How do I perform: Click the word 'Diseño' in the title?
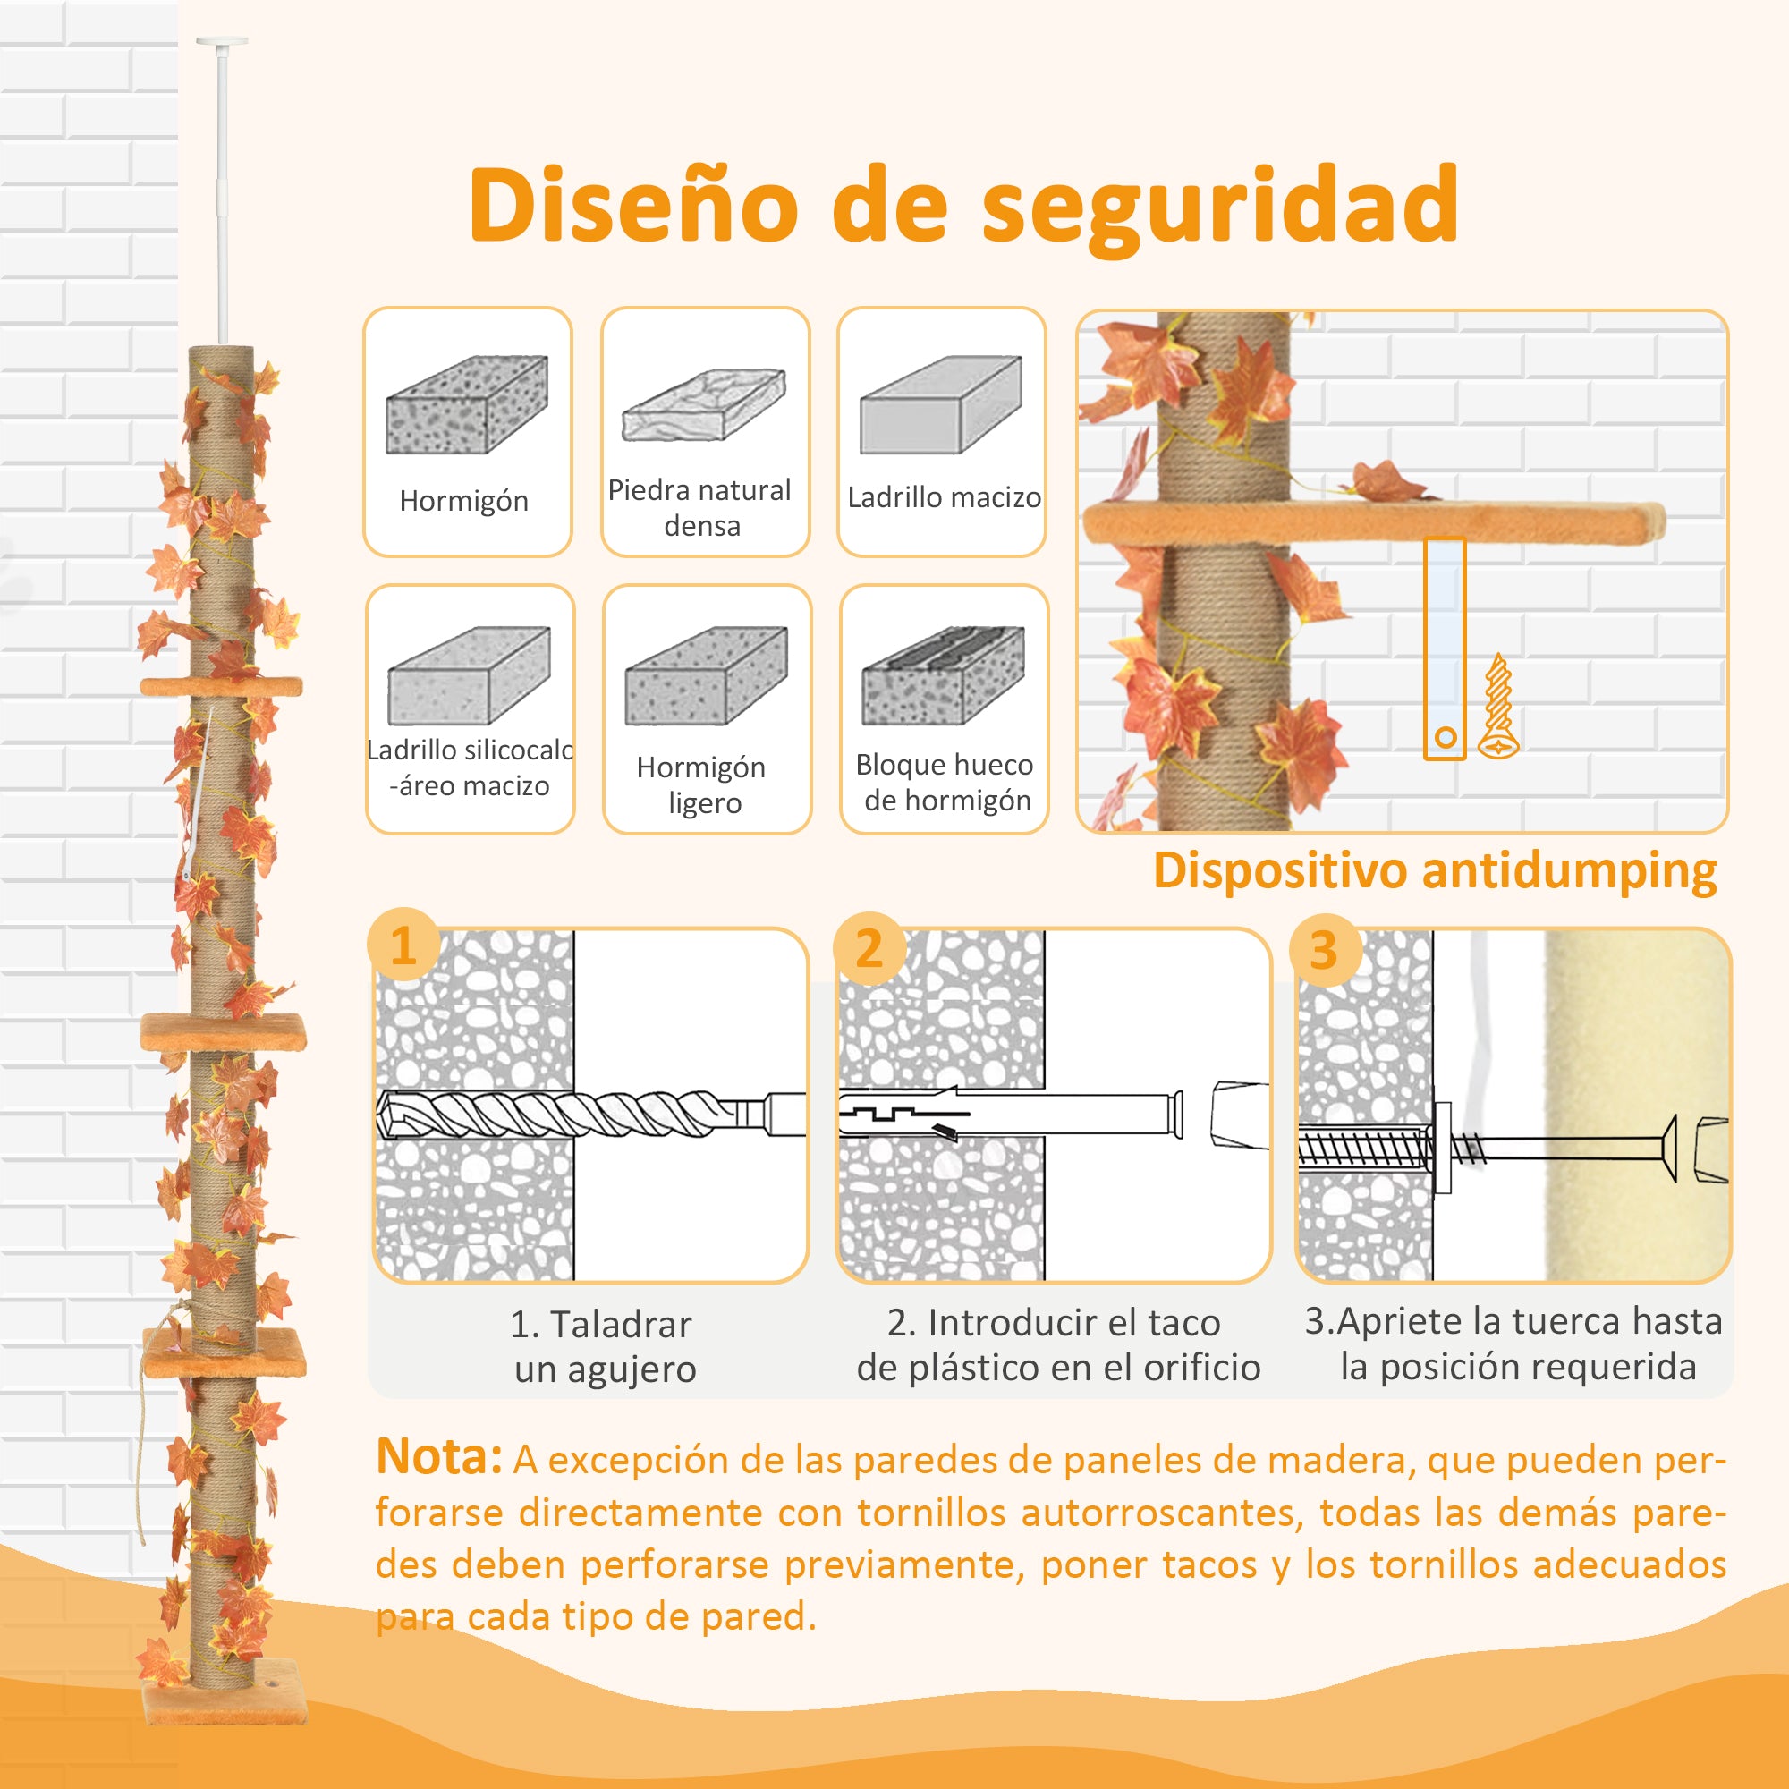(633, 205)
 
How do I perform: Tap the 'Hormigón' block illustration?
(466, 405)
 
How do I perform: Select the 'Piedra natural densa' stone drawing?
(704, 406)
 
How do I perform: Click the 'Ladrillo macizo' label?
(944, 498)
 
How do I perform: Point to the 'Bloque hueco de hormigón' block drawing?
(943, 677)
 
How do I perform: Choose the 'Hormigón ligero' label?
(702, 784)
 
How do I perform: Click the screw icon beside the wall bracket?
(1497, 708)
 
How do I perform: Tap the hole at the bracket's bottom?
(1446, 738)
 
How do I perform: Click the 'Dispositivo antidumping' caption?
(1435, 870)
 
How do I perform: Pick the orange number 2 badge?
(868, 948)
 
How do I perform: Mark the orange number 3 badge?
(1323, 950)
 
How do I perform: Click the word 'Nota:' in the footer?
(439, 1457)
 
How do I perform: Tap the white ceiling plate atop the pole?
(222, 42)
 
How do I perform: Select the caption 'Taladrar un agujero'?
(603, 1346)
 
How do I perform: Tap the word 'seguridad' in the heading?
(1219, 207)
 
